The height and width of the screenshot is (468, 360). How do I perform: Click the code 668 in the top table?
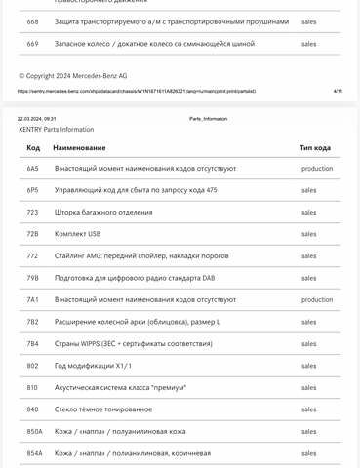click(32, 21)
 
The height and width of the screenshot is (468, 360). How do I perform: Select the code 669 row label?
click(32, 44)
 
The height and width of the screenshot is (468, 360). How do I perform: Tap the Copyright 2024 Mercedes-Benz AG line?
click(73, 75)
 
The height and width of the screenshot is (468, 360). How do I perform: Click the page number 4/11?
click(338, 91)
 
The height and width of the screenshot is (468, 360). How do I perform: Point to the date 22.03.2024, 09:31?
click(37, 119)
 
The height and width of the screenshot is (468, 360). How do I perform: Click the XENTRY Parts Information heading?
click(57, 129)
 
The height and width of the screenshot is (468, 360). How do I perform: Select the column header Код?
click(33, 147)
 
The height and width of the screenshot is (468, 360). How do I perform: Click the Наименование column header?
click(80, 147)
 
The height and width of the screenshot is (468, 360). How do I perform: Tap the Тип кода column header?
click(315, 147)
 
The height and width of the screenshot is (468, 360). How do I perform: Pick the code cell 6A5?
click(32, 169)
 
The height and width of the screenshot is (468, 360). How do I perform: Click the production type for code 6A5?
click(317, 169)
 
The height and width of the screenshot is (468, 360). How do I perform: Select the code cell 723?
click(32, 212)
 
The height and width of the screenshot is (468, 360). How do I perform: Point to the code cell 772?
click(32, 255)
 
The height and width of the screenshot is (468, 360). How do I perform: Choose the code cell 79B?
click(32, 278)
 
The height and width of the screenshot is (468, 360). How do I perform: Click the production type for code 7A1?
click(317, 299)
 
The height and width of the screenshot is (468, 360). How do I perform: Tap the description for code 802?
click(93, 366)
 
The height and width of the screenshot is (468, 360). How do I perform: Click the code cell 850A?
click(34, 431)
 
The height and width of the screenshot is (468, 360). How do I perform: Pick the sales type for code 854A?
click(308, 453)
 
